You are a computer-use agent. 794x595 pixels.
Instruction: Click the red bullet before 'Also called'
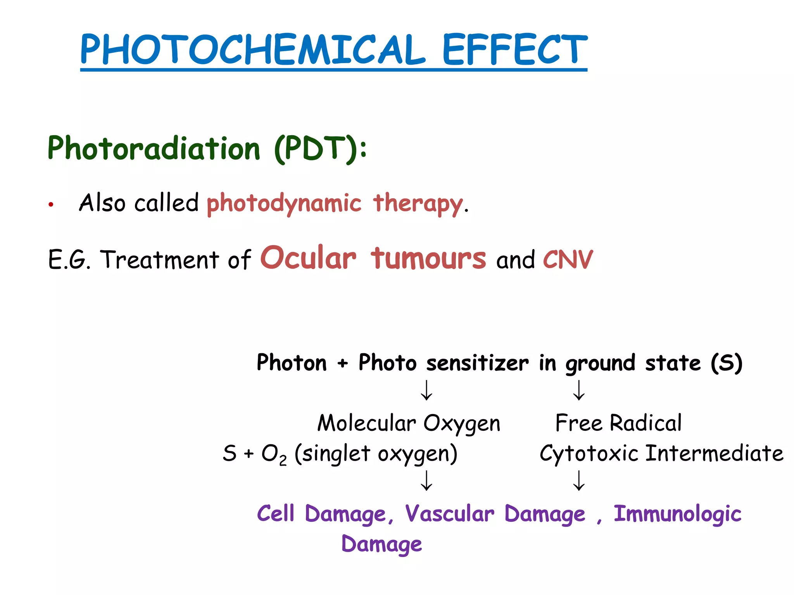[x=50, y=205]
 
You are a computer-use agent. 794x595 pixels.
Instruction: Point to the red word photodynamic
[x=284, y=203]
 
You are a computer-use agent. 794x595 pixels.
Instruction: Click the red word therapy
[x=418, y=203]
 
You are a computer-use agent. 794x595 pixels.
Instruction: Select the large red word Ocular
[x=308, y=258]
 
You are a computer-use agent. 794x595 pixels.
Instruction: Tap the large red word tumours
[x=428, y=258]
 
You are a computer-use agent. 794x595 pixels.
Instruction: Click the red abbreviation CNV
[x=568, y=260]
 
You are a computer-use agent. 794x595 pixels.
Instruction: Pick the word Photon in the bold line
[x=292, y=363]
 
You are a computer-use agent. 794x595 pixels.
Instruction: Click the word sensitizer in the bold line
[x=477, y=363]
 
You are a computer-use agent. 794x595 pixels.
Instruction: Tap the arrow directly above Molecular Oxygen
[x=426, y=390]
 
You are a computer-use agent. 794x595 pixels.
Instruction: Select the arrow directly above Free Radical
[x=579, y=390]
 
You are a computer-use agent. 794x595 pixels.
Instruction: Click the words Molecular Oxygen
[x=409, y=423]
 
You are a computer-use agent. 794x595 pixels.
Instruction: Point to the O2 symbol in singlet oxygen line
[x=274, y=454]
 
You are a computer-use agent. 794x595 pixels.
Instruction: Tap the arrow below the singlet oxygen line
[x=426, y=481]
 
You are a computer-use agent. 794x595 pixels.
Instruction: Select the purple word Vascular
[x=450, y=514]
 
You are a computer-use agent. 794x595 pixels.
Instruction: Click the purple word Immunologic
[x=677, y=514]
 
